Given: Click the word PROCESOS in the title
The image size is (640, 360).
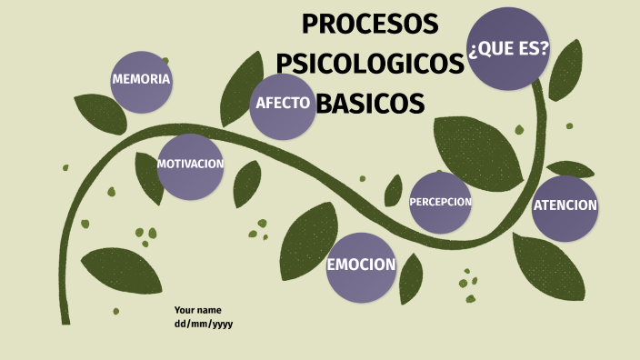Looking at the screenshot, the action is pyautogui.click(x=370, y=24).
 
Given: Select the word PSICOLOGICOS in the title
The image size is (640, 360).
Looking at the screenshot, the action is pyautogui.click(x=369, y=64).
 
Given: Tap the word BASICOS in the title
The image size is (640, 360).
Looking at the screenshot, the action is pyautogui.click(x=372, y=104).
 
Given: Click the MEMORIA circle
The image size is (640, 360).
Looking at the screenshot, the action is pyautogui.click(x=141, y=79).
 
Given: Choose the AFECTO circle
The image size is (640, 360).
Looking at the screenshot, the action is pyautogui.click(x=283, y=103).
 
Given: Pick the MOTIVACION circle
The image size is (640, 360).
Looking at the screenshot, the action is pyautogui.click(x=190, y=165).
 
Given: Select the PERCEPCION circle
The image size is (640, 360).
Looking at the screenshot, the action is pyautogui.click(x=440, y=202).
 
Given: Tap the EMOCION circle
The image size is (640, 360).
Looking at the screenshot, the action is pyautogui.click(x=361, y=266).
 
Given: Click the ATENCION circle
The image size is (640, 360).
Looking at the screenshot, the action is pyautogui.click(x=565, y=206).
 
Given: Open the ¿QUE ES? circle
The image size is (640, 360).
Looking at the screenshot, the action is pyautogui.click(x=508, y=48).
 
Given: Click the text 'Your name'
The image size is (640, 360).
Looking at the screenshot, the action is pyautogui.click(x=197, y=310).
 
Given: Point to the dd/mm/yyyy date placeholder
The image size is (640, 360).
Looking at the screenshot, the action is pyautogui.click(x=204, y=324).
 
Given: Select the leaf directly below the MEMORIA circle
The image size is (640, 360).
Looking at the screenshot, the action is pyautogui.click(x=100, y=115).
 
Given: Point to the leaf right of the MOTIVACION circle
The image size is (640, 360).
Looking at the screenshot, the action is pyautogui.click(x=246, y=183).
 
